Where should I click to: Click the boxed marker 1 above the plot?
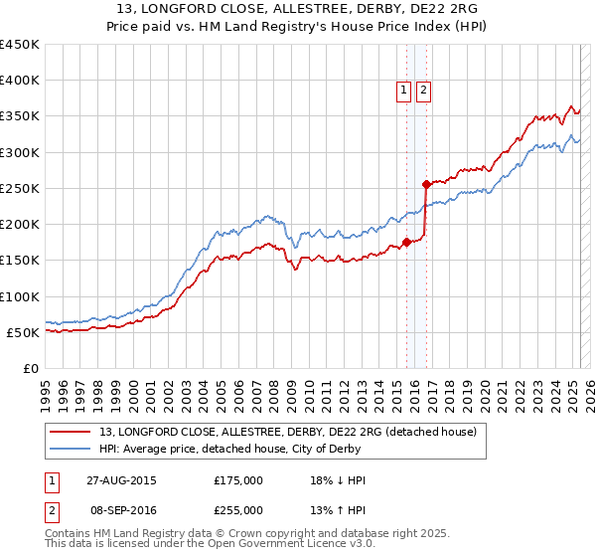(404, 91)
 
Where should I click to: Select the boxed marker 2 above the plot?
(423, 91)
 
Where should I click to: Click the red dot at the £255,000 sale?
(426, 184)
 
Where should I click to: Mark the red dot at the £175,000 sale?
(407, 242)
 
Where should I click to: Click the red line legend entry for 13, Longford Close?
(288, 432)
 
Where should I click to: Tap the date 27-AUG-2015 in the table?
(120, 480)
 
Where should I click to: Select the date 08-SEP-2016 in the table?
(120, 510)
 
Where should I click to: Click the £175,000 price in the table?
(238, 480)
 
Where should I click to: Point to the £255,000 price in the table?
(238, 510)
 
